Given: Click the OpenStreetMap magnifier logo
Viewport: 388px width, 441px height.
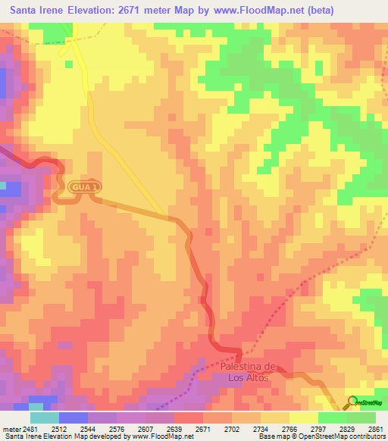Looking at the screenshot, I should (352, 401).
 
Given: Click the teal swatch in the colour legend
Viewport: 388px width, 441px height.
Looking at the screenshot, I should (44, 418).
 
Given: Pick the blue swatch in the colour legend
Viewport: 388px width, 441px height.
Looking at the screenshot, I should (73, 418).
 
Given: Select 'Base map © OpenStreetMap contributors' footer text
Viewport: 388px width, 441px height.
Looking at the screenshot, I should (320, 436).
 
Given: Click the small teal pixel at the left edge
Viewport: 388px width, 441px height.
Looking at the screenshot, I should (3, 184).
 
